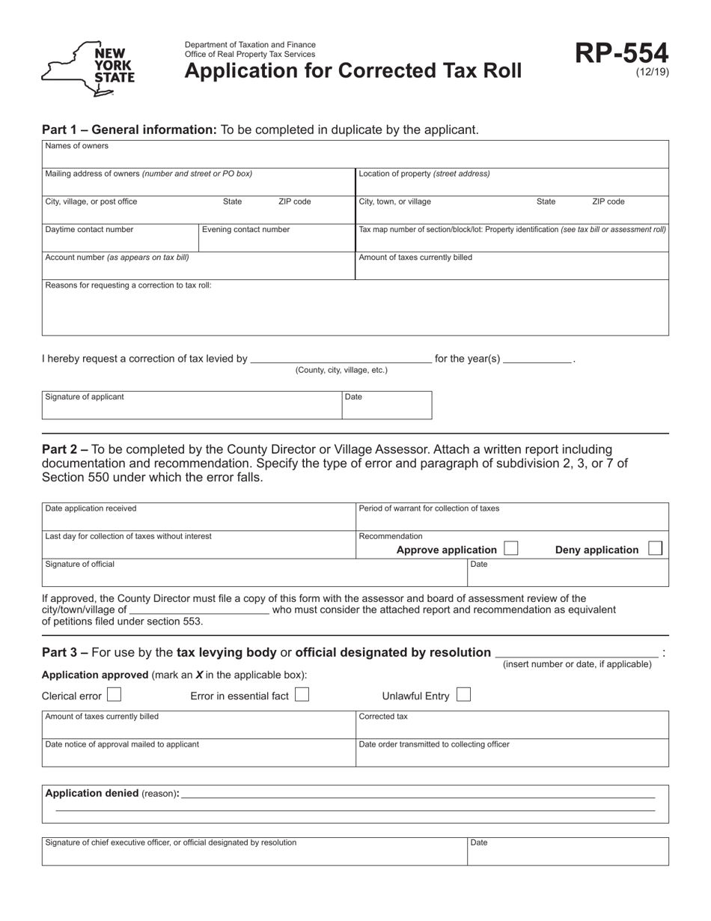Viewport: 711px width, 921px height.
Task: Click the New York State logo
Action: point(88,69)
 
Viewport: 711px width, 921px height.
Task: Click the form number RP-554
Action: point(621,54)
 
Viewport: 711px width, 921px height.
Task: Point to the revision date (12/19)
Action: point(652,73)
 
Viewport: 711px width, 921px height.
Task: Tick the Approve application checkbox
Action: point(510,548)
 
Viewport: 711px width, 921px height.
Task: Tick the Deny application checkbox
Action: point(655,548)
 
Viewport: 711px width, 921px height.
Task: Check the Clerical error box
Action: point(114,695)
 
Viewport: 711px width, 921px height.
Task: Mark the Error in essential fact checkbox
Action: point(302,695)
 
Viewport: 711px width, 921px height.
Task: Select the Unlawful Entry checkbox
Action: point(463,695)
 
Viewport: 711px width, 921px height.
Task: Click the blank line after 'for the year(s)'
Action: point(537,359)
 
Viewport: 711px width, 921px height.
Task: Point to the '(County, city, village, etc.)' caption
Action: point(341,371)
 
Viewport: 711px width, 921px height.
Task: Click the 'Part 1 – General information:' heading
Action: point(129,130)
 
